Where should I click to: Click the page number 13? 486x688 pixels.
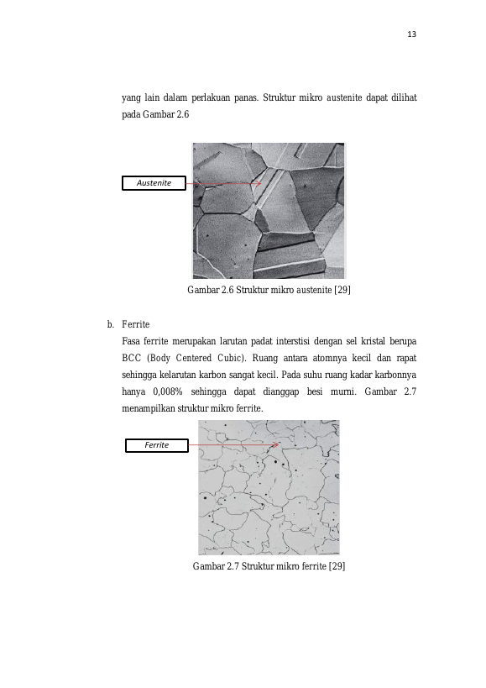[x=411, y=34]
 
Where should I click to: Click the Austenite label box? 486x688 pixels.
[x=154, y=183]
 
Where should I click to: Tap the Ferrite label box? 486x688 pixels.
[x=157, y=445]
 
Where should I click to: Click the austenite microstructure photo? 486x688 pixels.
[x=269, y=211]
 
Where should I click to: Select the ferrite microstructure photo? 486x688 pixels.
[x=269, y=487]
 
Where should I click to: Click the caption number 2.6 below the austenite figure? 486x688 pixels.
[x=227, y=290]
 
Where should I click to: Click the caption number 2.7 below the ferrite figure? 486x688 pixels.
[x=233, y=566]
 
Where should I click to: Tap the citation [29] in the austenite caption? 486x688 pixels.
[x=342, y=290]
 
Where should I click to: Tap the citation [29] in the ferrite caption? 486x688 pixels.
[x=337, y=566]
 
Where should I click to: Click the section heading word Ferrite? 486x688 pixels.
[x=136, y=324]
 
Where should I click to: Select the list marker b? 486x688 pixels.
[x=111, y=324]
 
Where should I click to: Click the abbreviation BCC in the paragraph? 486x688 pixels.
[x=132, y=358]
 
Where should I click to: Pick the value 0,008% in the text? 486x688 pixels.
[x=167, y=391]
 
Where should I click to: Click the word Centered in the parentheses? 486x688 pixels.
[x=193, y=358]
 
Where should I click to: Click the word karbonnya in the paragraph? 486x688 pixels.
[x=395, y=376]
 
